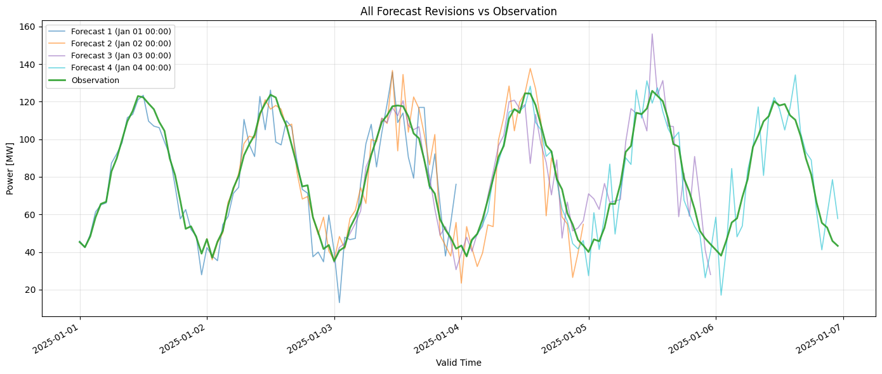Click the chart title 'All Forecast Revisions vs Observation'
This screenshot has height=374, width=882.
tap(458, 11)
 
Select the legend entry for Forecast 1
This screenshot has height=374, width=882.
tap(121, 31)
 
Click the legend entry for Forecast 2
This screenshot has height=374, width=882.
tap(121, 43)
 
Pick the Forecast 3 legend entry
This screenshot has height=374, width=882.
tap(121, 56)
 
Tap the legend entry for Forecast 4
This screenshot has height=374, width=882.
tap(121, 68)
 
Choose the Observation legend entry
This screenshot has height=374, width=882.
tap(95, 81)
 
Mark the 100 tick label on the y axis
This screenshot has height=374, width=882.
tap(30, 139)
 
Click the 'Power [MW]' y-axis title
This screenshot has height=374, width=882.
tap(11, 170)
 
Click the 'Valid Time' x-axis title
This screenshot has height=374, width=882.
tap(458, 363)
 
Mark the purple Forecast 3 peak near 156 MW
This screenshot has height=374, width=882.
tap(652, 34)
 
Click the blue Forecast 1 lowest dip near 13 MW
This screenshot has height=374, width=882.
tap(339, 302)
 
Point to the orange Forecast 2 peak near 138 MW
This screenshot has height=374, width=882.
tap(530, 68)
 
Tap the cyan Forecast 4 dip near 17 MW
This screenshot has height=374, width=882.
tap(721, 295)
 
